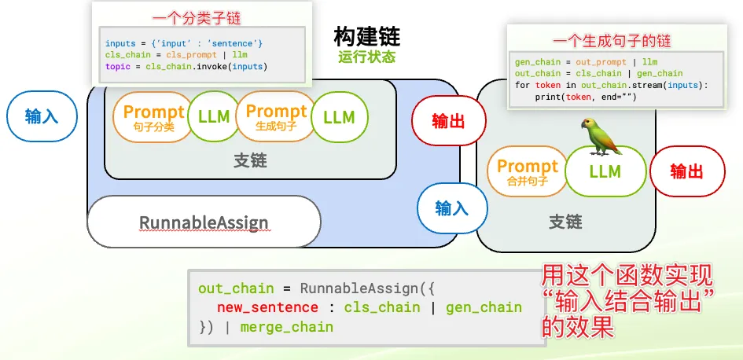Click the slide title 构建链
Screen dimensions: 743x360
click(366, 36)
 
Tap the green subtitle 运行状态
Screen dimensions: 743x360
click(366, 57)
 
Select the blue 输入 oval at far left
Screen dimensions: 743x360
click(42, 116)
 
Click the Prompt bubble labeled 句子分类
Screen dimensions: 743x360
click(153, 116)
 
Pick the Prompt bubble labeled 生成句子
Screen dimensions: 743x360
click(276, 116)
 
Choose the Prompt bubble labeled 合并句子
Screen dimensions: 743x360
click(527, 171)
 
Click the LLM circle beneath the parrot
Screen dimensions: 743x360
click(605, 171)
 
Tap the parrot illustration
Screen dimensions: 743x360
click(601, 137)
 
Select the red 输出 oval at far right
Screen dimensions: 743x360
click(686, 171)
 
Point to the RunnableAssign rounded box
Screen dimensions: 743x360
click(204, 222)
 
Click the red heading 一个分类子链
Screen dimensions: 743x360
click(197, 19)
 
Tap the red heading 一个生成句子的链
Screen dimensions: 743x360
click(612, 41)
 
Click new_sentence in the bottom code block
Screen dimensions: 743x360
click(267, 307)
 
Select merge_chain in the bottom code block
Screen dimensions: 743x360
click(287, 327)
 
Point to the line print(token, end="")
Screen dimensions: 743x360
click(586, 97)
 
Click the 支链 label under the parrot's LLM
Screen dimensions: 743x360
click(565, 222)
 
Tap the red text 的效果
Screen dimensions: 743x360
click(578, 327)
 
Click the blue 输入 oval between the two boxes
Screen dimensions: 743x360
click(452, 208)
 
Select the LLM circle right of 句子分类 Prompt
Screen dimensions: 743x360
click(214, 116)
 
